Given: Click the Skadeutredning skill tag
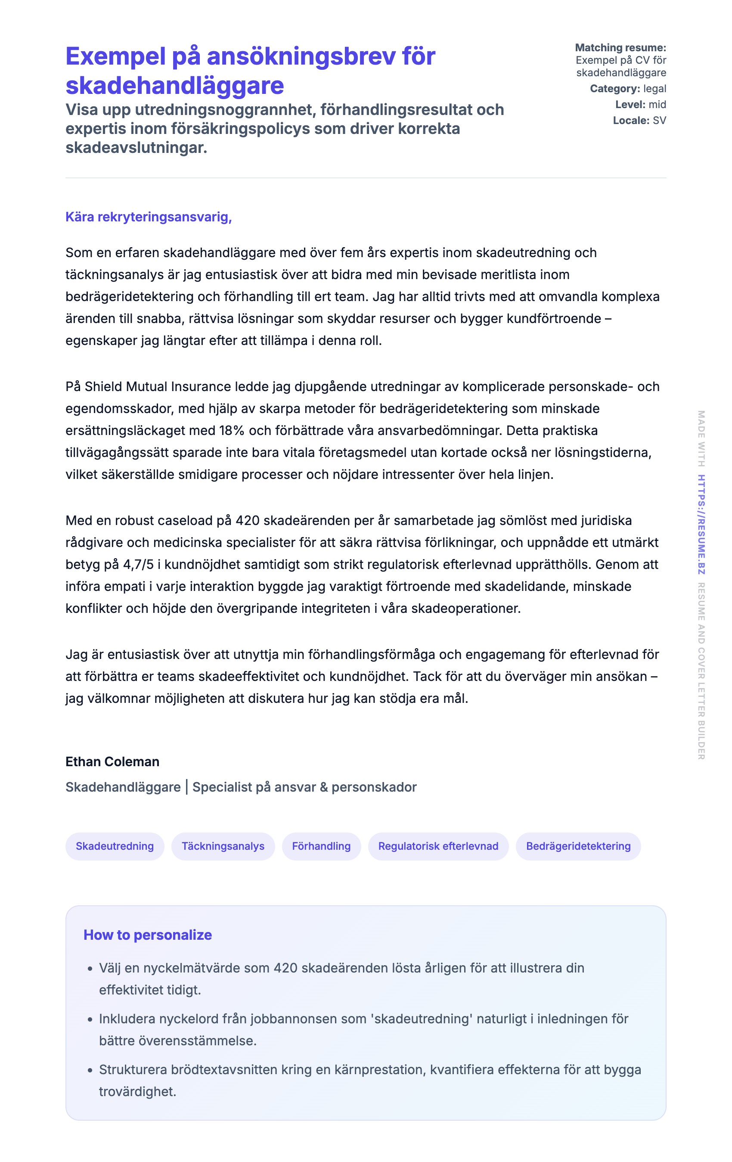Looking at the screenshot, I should point(115,846).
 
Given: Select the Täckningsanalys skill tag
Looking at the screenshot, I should point(223,846).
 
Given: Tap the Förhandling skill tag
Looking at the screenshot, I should point(321,846).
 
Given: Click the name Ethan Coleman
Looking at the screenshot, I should point(112,761).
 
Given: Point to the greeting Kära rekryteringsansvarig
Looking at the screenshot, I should point(149,217).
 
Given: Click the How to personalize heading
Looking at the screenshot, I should point(148,935).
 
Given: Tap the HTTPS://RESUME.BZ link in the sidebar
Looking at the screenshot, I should point(701,525).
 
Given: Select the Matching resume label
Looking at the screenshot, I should point(620,48).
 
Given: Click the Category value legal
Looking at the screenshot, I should point(654,89).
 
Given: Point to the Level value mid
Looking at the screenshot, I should point(657,105).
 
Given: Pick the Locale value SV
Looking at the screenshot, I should point(659,121).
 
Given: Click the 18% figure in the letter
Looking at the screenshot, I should point(232,430).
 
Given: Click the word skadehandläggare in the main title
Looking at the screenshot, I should point(175,85).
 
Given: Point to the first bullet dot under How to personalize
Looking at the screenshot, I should point(90,969).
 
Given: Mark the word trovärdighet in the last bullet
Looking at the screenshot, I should point(137,1091).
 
